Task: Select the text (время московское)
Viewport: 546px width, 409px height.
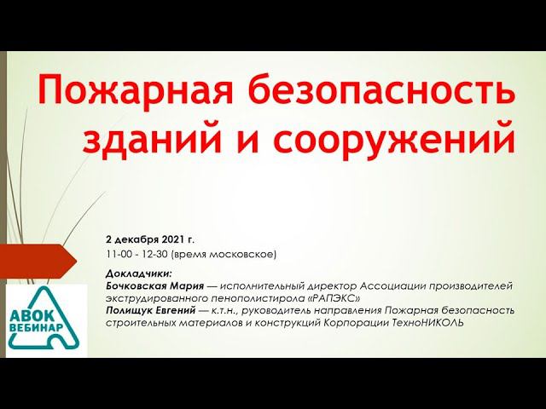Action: (x=225, y=254)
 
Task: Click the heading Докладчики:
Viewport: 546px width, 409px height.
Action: (x=139, y=274)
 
